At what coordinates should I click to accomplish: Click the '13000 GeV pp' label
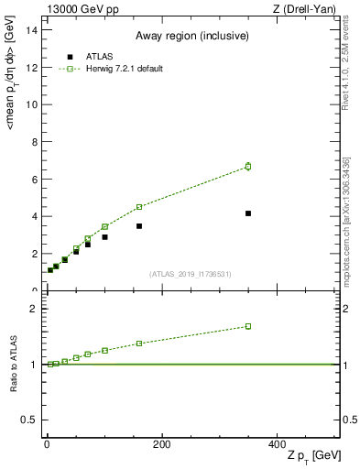(81, 8)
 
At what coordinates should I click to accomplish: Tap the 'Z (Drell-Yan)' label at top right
(302, 8)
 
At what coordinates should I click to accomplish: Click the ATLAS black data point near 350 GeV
(248, 213)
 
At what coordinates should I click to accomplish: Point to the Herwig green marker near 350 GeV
(248, 166)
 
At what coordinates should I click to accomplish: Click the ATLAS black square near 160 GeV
(139, 226)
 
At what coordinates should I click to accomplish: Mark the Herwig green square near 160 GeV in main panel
(139, 207)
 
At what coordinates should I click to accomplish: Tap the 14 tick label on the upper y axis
(32, 29)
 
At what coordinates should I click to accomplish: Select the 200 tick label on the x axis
(161, 444)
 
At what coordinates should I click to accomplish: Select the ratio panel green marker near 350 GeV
(248, 326)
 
